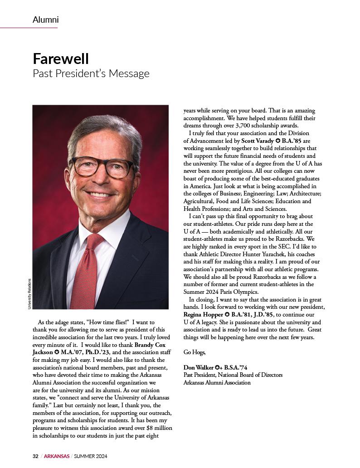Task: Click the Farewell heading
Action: [x=61, y=58]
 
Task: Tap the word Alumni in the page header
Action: [x=45, y=20]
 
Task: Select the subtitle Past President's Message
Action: [x=91, y=73]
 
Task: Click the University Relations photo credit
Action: [x=29, y=294]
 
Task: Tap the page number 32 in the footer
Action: [x=35, y=456]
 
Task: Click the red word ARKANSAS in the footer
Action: [x=57, y=456]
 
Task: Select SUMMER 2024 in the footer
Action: [x=91, y=456]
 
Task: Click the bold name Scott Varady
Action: [x=257, y=141]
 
